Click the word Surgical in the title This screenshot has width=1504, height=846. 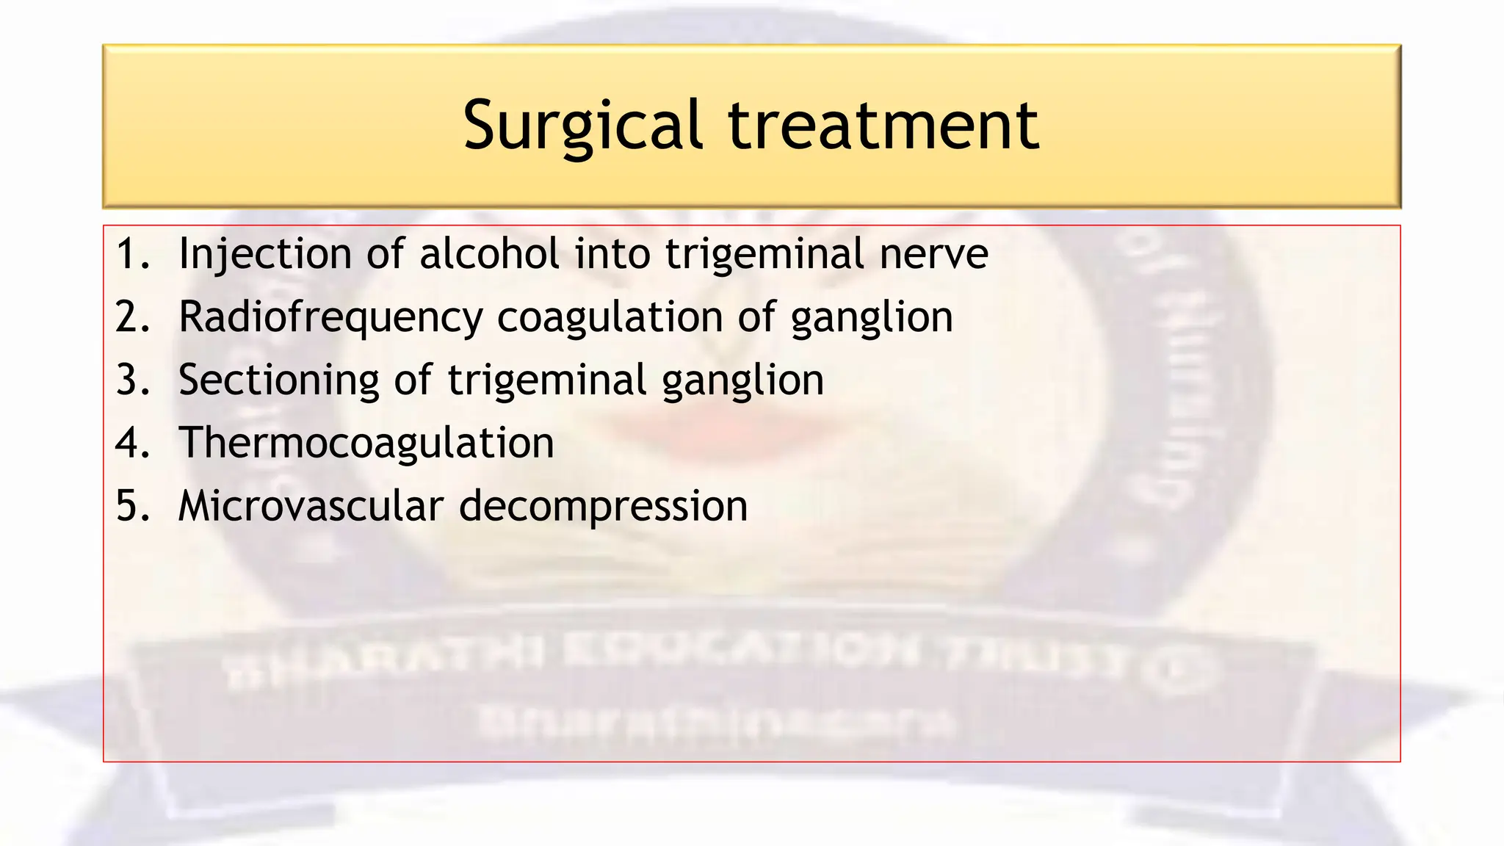click(583, 126)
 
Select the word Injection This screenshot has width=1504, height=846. click(265, 254)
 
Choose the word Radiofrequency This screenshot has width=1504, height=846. click(330, 317)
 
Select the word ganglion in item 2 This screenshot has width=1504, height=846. click(872, 317)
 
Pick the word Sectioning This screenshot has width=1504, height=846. click(278, 380)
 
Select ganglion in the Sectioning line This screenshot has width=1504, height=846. click(742, 380)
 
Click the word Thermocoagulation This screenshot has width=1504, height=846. click(366, 444)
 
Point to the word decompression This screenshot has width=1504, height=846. click(603, 507)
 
